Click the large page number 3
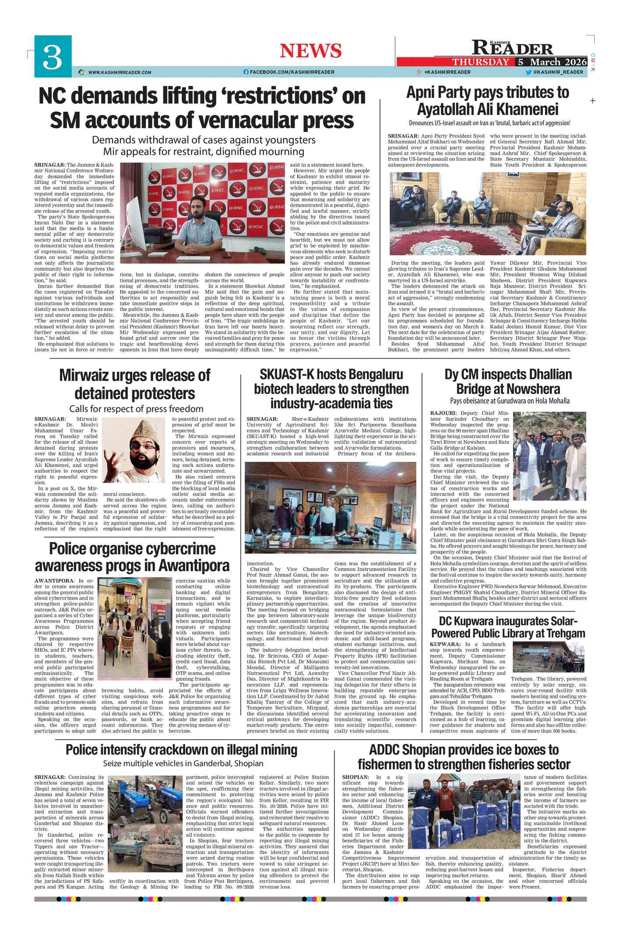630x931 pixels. pos(52,57)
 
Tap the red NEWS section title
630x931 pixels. pos(310,51)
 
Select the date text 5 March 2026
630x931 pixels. pos(552,62)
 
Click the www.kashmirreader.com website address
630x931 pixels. pos(120,72)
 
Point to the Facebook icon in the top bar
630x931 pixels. pos(246,72)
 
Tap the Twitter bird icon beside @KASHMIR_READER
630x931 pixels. pos(528,72)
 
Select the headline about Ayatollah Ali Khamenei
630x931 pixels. pos(488,101)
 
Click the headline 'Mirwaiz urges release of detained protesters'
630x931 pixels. pos(134,384)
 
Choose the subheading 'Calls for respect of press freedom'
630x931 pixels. pos(136,409)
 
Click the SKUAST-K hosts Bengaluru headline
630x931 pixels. pos(331,389)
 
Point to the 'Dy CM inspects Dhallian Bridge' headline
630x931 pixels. pos(508,381)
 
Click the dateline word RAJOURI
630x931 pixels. pos(443,413)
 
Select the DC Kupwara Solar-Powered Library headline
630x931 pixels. pos(508,627)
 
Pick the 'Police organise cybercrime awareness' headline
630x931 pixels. pos(132,557)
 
